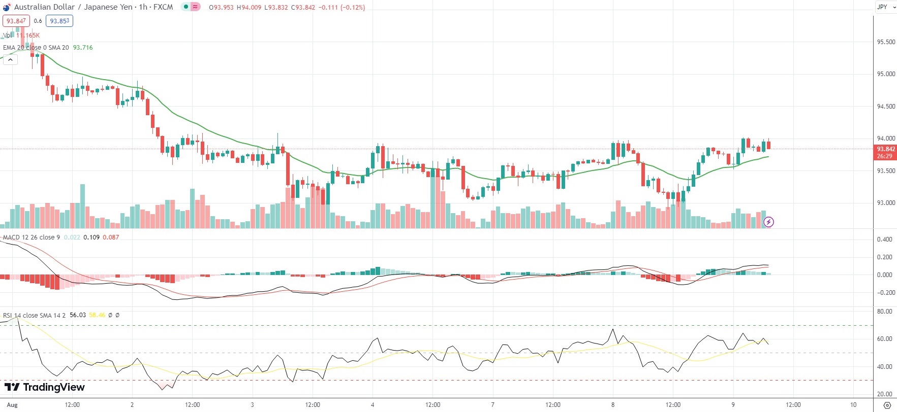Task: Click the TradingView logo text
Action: click(x=45, y=387)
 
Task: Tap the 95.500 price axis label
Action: click(x=886, y=42)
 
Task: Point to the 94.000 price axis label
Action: click(x=886, y=139)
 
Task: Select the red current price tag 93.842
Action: click(x=886, y=149)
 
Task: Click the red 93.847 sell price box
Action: click(x=16, y=21)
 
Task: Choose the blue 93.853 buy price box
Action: click(x=59, y=21)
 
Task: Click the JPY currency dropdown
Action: click(x=886, y=7)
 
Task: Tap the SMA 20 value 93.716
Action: click(x=83, y=48)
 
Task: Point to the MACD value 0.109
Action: click(x=91, y=237)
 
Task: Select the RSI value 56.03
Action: click(x=78, y=315)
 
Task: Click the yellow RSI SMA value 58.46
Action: click(x=97, y=315)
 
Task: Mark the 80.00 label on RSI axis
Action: click(x=885, y=312)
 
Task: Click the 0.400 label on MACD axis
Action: click(x=885, y=239)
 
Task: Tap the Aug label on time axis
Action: click(x=12, y=405)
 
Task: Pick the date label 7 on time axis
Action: click(x=492, y=405)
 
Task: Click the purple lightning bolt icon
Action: click(x=769, y=222)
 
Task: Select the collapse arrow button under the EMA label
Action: click(x=10, y=59)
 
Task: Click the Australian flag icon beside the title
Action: click(x=7, y=8)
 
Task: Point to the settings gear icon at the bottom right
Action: click(x=887, y=405)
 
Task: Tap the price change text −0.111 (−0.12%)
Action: click(x=342, y=8)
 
